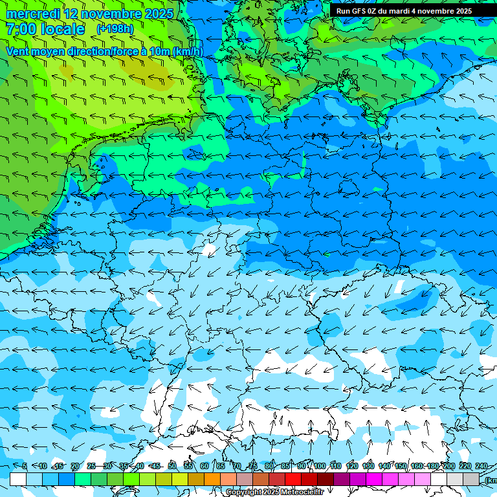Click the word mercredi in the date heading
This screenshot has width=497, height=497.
click(x=31, y=14)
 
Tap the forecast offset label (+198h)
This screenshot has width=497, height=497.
click(x=115, y=29)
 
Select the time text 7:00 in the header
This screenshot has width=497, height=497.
click(x=20, y=29)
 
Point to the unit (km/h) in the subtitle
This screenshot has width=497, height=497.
click(x=187, y=52)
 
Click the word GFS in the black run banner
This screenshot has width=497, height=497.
click(x=360, y=11)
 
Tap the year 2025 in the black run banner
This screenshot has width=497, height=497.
click(x=459, y=11)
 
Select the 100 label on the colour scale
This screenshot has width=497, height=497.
click(x=319, y=466)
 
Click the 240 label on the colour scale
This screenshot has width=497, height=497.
click(x=481, y=466)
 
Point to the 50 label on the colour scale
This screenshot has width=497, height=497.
click(x=171, y=466)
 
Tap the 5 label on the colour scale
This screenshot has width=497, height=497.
click(x=25, y=466)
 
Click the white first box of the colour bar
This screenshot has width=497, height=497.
click(x=18, y=479)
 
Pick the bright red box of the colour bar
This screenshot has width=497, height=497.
click(x=293, y=479)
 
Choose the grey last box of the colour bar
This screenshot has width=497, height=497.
click(x=471, y=479)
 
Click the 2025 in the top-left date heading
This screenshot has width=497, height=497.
click(x=157, y=14)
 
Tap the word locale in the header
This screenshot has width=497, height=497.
click(x=63, y=29)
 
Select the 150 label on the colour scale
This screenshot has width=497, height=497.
click(x=401, y=466)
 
